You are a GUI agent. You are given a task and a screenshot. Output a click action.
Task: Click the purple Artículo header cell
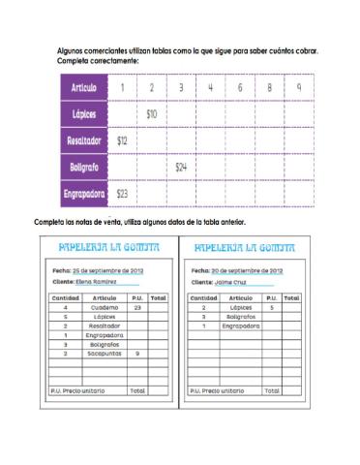tap(83, 88)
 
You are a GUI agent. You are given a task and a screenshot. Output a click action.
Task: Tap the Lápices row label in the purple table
tap(84, 114)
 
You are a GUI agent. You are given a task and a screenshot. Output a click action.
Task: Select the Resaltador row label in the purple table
tap(84, 140)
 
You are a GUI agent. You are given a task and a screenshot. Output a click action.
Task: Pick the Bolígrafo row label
tap(84, 167)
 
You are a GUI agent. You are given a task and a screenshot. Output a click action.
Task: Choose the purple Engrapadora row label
tap(84, 193)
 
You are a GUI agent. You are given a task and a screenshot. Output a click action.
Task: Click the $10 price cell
tap(152, 114)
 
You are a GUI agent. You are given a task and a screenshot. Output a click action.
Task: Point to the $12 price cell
tap(122, 140)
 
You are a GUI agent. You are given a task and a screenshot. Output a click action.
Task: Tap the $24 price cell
tap(181, 167)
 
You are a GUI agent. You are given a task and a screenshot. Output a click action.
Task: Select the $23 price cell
tap(122, 193)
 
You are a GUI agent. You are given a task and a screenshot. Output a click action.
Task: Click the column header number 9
tap(299, 88)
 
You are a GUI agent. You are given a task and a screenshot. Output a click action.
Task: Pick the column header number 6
tap(240, 88)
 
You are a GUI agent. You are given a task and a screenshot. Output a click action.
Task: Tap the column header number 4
tap(210, 88)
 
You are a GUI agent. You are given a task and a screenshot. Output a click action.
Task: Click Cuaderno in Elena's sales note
tap(105, 307)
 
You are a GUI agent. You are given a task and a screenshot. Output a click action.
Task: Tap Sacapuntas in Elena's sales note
tap(105, 354)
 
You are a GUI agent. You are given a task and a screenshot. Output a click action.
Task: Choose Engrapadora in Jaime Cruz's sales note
tap(240, 325)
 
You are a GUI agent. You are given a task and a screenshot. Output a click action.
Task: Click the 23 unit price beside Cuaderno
tap(137, 307)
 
